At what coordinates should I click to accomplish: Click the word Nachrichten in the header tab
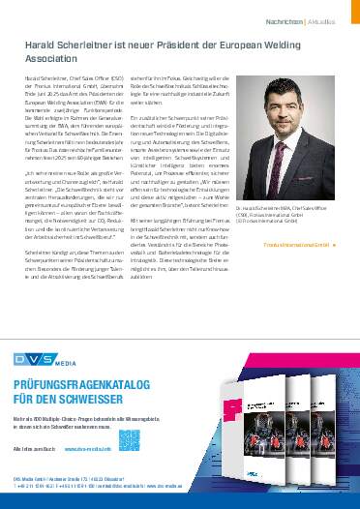pos(291,18)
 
